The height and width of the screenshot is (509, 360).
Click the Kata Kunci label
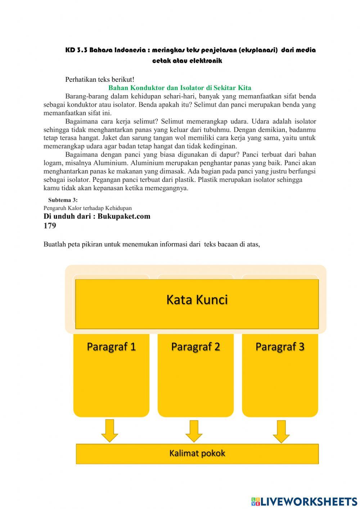pos(197,300)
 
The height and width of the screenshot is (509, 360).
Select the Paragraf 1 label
pos(111,347)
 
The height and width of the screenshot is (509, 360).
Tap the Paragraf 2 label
pos(195,347)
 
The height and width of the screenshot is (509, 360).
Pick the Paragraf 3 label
pos(280,347)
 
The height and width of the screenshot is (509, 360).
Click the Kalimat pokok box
pos(197,453)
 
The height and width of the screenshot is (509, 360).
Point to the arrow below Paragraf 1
pos(109,430)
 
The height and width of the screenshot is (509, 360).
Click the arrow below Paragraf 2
pos(194,431)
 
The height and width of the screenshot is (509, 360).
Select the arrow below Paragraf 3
pos(281,431)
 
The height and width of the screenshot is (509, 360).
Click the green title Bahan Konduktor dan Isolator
pos(180,88)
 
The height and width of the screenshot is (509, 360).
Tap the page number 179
pos(50,226)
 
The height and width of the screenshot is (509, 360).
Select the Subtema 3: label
pos(63,200)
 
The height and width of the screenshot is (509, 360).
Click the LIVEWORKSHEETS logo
pos(304,501)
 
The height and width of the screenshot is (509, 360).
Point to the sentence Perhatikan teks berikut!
pos(100,80)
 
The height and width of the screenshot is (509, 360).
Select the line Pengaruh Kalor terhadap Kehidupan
pos(87,208)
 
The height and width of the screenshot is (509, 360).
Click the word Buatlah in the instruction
pos(54,244)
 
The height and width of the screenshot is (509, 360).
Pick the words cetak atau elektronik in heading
pos(187,61)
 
